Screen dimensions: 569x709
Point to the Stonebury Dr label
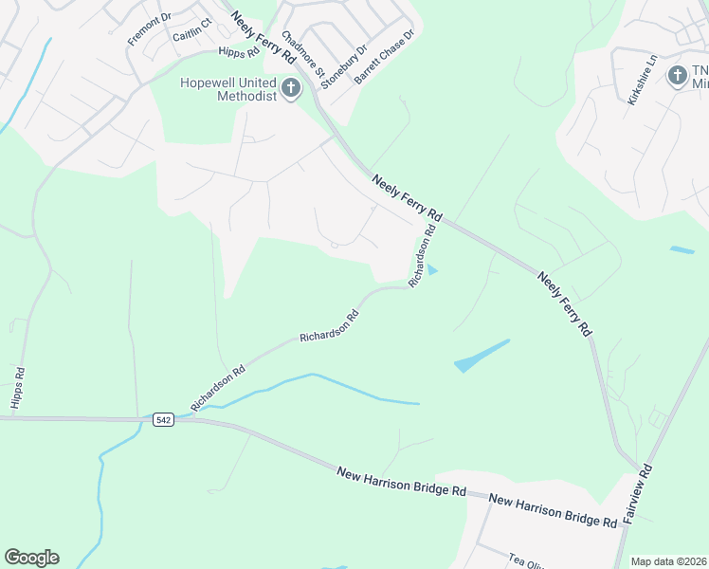[344, 65]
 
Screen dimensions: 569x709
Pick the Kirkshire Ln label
[642, 86]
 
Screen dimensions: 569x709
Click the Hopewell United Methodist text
[227, 89]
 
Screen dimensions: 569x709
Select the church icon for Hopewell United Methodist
[291, 89]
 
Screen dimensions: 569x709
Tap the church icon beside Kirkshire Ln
[677, 75]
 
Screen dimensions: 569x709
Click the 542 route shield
[160, 418]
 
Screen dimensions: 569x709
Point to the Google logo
[31, 558]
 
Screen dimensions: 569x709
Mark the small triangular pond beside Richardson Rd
[432, 271]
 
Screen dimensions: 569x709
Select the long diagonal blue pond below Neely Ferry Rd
[481, 356]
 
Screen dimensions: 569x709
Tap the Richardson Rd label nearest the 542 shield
[218, 388]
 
